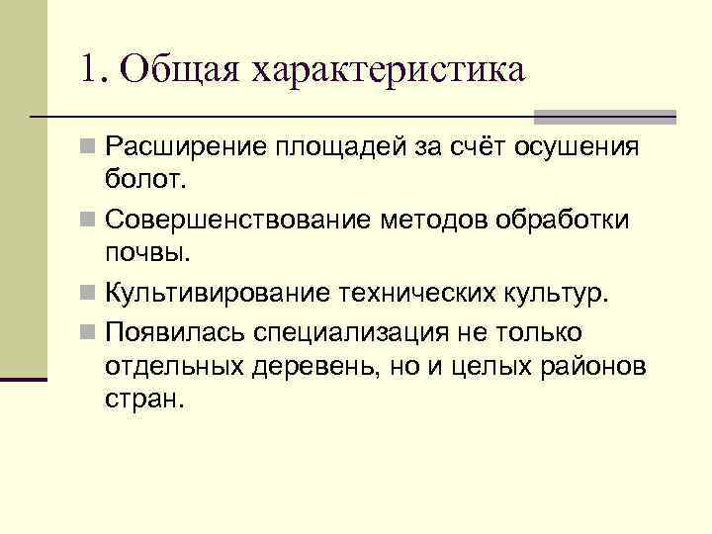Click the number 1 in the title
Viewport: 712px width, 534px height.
click(x=91, y=71)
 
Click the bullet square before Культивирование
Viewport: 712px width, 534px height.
click(x=90, y=292)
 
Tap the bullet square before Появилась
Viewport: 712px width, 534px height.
click(x=90, y=331)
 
